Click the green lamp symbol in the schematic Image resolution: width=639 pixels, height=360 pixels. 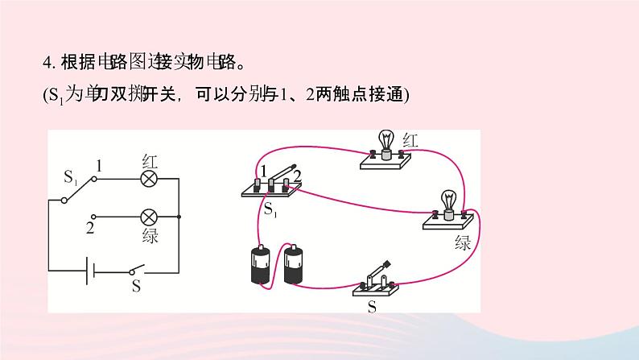148,217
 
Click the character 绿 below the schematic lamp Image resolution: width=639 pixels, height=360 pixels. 149,236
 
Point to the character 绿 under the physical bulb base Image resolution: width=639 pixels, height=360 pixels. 463,242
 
